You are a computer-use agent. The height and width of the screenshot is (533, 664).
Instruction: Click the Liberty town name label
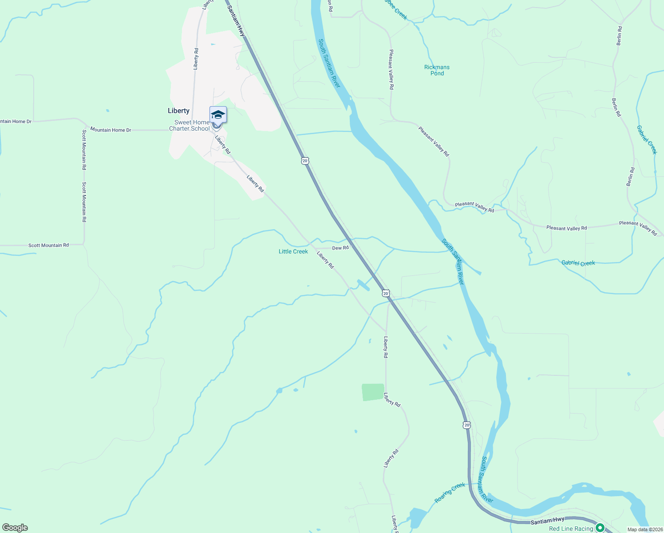[x=178, y=111]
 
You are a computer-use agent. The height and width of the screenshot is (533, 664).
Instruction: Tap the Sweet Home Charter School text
[x=190, y=126]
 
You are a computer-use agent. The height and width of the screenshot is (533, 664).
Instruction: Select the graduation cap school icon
[x=218, y=115]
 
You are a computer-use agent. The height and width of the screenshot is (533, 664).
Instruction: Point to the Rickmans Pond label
[x=437, y=70]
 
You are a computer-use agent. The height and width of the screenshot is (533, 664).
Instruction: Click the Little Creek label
[x=293, y=251]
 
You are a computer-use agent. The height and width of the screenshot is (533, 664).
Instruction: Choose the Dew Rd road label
[x=340, y=248]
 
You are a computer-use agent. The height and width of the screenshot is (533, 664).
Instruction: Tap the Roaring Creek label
[x=450, y=493]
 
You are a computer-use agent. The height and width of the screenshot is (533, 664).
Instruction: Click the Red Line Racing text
[x=571, y=529]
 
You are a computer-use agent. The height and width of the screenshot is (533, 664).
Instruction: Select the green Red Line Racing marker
[x=600, y=528]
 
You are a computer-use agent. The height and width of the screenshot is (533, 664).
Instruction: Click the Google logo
[x=15, y=528]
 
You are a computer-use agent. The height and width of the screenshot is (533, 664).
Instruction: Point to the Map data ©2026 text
[x=644, y=529]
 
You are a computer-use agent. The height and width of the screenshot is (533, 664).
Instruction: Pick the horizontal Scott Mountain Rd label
[x=48, y=245]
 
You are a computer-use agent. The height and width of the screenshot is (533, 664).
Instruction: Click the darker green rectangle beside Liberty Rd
[x=373, y=392]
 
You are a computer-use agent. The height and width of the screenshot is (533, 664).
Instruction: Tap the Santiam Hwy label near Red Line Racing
[x=547, y=520]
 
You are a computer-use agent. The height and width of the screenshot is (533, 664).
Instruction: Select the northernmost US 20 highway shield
[x=305, y=160]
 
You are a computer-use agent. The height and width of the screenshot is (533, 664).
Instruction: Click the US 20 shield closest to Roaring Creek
[x=466, y=425]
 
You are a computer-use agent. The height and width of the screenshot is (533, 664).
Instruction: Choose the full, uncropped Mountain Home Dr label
[x=111, y=130]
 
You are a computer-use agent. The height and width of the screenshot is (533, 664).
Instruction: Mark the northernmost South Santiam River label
[x=329, y=63]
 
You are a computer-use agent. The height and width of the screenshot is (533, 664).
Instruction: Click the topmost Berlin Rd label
[x=619, y=36]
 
